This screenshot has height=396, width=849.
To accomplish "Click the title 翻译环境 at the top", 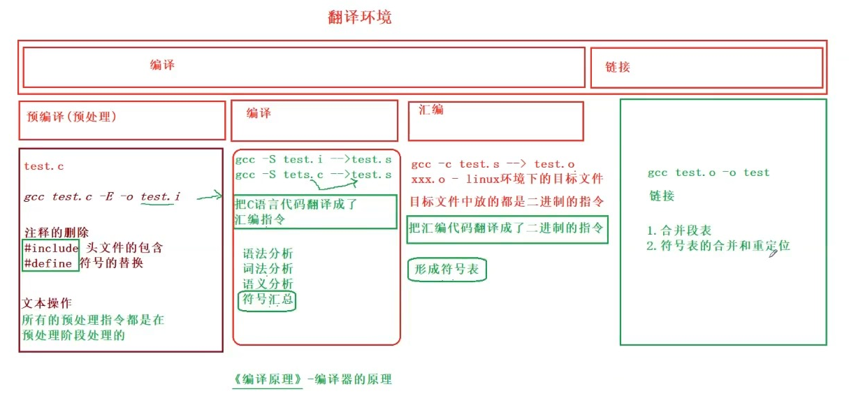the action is [360, 17].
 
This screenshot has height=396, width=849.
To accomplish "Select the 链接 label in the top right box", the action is [618, 67].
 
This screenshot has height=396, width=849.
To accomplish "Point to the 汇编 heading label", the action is [430, 110].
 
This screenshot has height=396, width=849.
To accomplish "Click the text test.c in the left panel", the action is [44, 166].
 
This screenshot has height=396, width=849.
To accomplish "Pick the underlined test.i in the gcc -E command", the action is [160, 197].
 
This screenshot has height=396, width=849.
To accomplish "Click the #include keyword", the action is [50, 248].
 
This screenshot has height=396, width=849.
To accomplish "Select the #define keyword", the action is [48, 263].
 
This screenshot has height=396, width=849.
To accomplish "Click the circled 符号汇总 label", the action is [268, 301].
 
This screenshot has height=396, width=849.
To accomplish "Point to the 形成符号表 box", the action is [446, 270].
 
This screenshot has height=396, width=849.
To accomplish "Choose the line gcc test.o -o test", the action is [708, 173].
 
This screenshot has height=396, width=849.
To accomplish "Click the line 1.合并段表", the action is [679, 230].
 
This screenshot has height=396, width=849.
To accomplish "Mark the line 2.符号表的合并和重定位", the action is [718, 246].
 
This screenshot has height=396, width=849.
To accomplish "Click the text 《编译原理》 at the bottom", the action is [268, 379].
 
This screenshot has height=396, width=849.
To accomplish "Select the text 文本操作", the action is [47, 304].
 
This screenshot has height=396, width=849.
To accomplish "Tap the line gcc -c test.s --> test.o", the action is [493, 164].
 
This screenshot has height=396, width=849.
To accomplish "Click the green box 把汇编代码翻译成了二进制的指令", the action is [507, 228].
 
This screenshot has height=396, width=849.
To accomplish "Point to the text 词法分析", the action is [268, 268].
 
